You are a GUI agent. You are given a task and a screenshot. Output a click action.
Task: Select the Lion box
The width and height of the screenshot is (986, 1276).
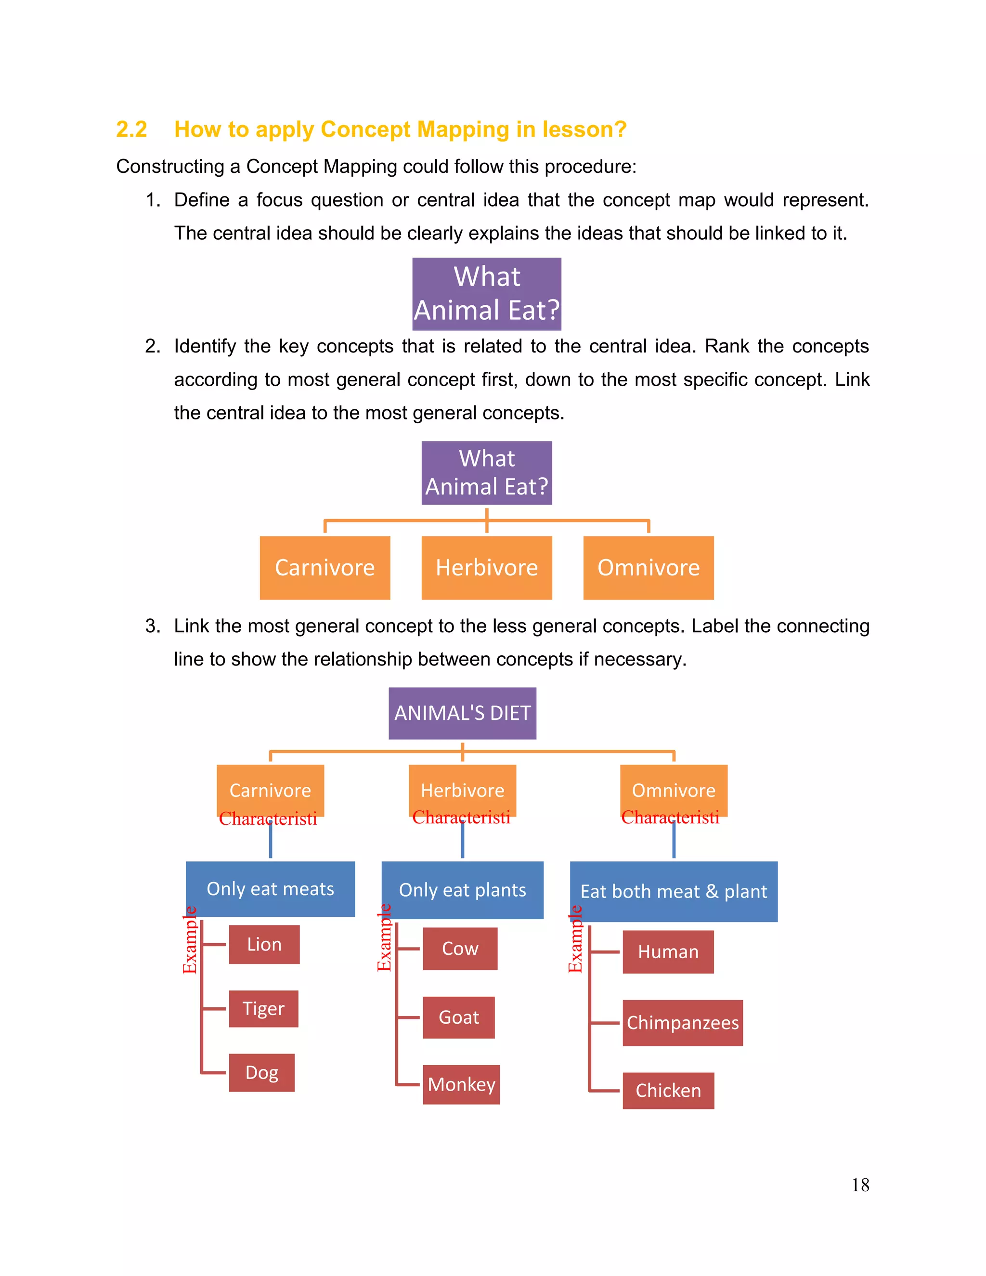264,944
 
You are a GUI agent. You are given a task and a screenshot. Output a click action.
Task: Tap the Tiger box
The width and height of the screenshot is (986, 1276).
263,1008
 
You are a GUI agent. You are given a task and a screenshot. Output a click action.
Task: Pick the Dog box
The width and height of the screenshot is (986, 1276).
262,1072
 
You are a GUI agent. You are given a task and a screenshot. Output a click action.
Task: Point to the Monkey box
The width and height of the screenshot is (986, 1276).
461,1084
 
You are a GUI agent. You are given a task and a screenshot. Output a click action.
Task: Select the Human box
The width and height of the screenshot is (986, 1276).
668,952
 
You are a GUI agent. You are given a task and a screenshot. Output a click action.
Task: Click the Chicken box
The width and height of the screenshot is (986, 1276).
668,1090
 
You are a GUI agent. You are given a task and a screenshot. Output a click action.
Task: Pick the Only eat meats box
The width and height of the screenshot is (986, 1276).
270,889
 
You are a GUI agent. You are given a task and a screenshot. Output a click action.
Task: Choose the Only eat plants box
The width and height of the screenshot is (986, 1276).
462,890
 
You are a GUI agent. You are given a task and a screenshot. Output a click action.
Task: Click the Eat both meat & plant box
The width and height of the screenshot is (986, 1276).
674,892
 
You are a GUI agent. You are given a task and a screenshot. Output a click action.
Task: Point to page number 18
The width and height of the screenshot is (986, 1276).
860,1185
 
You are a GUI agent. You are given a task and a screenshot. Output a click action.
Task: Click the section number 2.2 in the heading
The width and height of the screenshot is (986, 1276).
131,129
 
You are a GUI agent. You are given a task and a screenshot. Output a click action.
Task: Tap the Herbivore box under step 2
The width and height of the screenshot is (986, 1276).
487,567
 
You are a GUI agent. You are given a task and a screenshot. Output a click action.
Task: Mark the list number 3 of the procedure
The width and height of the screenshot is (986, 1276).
153,626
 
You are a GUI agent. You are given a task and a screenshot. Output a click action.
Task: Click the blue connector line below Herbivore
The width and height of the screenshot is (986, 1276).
463,841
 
